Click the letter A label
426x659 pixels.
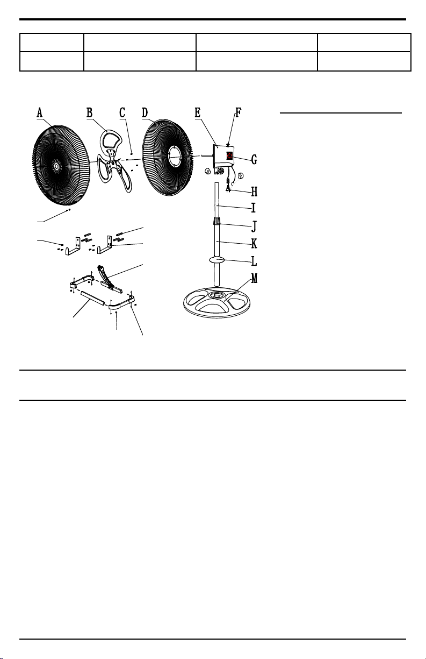[40, 113]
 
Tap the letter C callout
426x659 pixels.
[122, 112]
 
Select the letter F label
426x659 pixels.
[239, 112]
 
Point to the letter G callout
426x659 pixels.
[254, 160]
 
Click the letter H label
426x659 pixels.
[255, 192]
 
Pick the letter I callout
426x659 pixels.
[254, 208]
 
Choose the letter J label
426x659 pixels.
[254, 226]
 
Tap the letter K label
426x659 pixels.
[255, 243]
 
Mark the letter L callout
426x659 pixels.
[254, 261]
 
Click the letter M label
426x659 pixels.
[255, 278]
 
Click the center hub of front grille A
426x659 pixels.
[56, 167]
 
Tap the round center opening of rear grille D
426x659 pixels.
[175, 156]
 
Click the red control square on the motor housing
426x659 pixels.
[229, 155]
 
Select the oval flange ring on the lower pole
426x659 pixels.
[217, 260]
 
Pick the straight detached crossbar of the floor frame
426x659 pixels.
[92, 299]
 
